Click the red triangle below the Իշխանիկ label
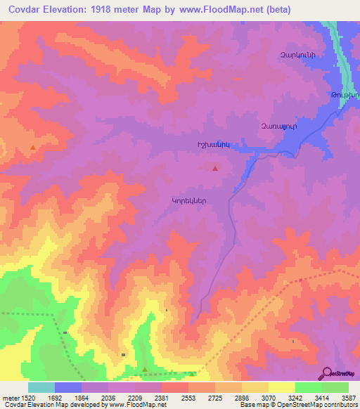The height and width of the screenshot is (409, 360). [x=215, y=168]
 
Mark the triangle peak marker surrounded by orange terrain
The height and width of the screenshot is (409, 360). [x=33, y=147]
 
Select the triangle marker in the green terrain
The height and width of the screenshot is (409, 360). [x=145, y=369]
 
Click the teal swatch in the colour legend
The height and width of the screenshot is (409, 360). [x=41, y=387]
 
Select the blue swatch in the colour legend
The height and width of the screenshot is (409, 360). [x=68, y=387]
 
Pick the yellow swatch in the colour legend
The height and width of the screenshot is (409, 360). [x=281, y=387]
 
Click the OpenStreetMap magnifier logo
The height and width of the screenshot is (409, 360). [x=326, y=373]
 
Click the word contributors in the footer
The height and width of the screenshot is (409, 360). [x=341, y=405]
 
